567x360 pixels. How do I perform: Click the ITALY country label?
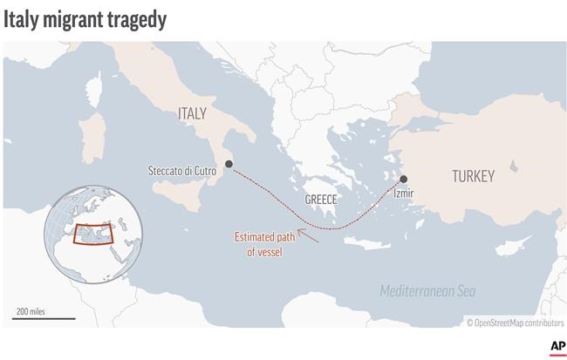(x=191, y=113)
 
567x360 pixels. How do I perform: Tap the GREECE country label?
(x=320, y=200)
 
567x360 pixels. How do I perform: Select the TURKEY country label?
(x=473, y=176)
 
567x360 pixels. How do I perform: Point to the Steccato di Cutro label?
(x=182, y=171)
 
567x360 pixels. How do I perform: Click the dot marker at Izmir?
(x=403, y=179)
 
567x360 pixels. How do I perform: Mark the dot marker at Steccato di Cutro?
(x=229, y=164)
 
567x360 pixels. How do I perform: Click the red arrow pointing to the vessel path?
(x=306, y=233)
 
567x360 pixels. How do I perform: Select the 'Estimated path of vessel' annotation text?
(x=259, y=244)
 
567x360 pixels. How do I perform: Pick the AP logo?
(x=556, y=347)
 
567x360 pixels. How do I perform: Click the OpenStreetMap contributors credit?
(x=515, y=323)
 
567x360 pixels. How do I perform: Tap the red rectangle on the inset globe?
(x=91, y=234)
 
